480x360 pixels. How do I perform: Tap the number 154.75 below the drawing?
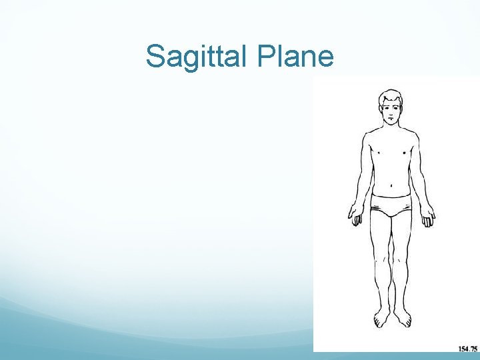point(467,348)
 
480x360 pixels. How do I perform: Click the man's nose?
point(391,115)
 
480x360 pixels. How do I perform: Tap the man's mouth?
point(391,121)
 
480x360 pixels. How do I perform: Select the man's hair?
point(391,97)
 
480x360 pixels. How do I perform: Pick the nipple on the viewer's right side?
point(405,152)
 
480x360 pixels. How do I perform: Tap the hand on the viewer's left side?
point(354,215)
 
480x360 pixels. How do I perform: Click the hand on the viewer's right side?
point(428,215)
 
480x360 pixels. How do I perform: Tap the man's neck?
point(391,129)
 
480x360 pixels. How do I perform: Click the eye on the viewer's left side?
point(385,109)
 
